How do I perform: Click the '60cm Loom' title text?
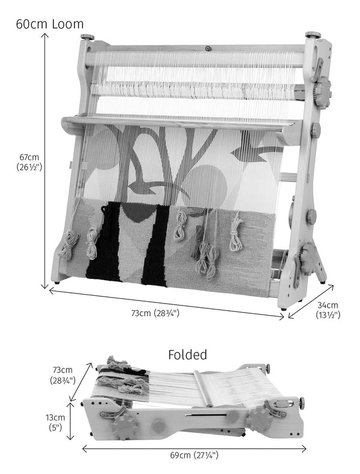[50, 24]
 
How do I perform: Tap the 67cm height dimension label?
[29, 162]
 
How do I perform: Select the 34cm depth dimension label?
[328, 310]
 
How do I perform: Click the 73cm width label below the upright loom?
[155, 313]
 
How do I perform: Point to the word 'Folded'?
[187, 355]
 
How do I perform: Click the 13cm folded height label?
[55, 422]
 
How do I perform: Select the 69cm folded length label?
[194, 455]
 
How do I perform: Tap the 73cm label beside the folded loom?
[62, 375]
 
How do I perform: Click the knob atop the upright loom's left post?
[88, 37]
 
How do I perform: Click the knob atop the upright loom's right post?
[313, 34]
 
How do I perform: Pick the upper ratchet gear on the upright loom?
[322, 90]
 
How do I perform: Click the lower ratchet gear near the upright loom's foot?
[309, 259]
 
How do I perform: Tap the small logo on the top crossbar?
[208, 49]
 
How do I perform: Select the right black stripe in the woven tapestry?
[155, 245]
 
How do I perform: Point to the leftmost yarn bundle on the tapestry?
[68, 245]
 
